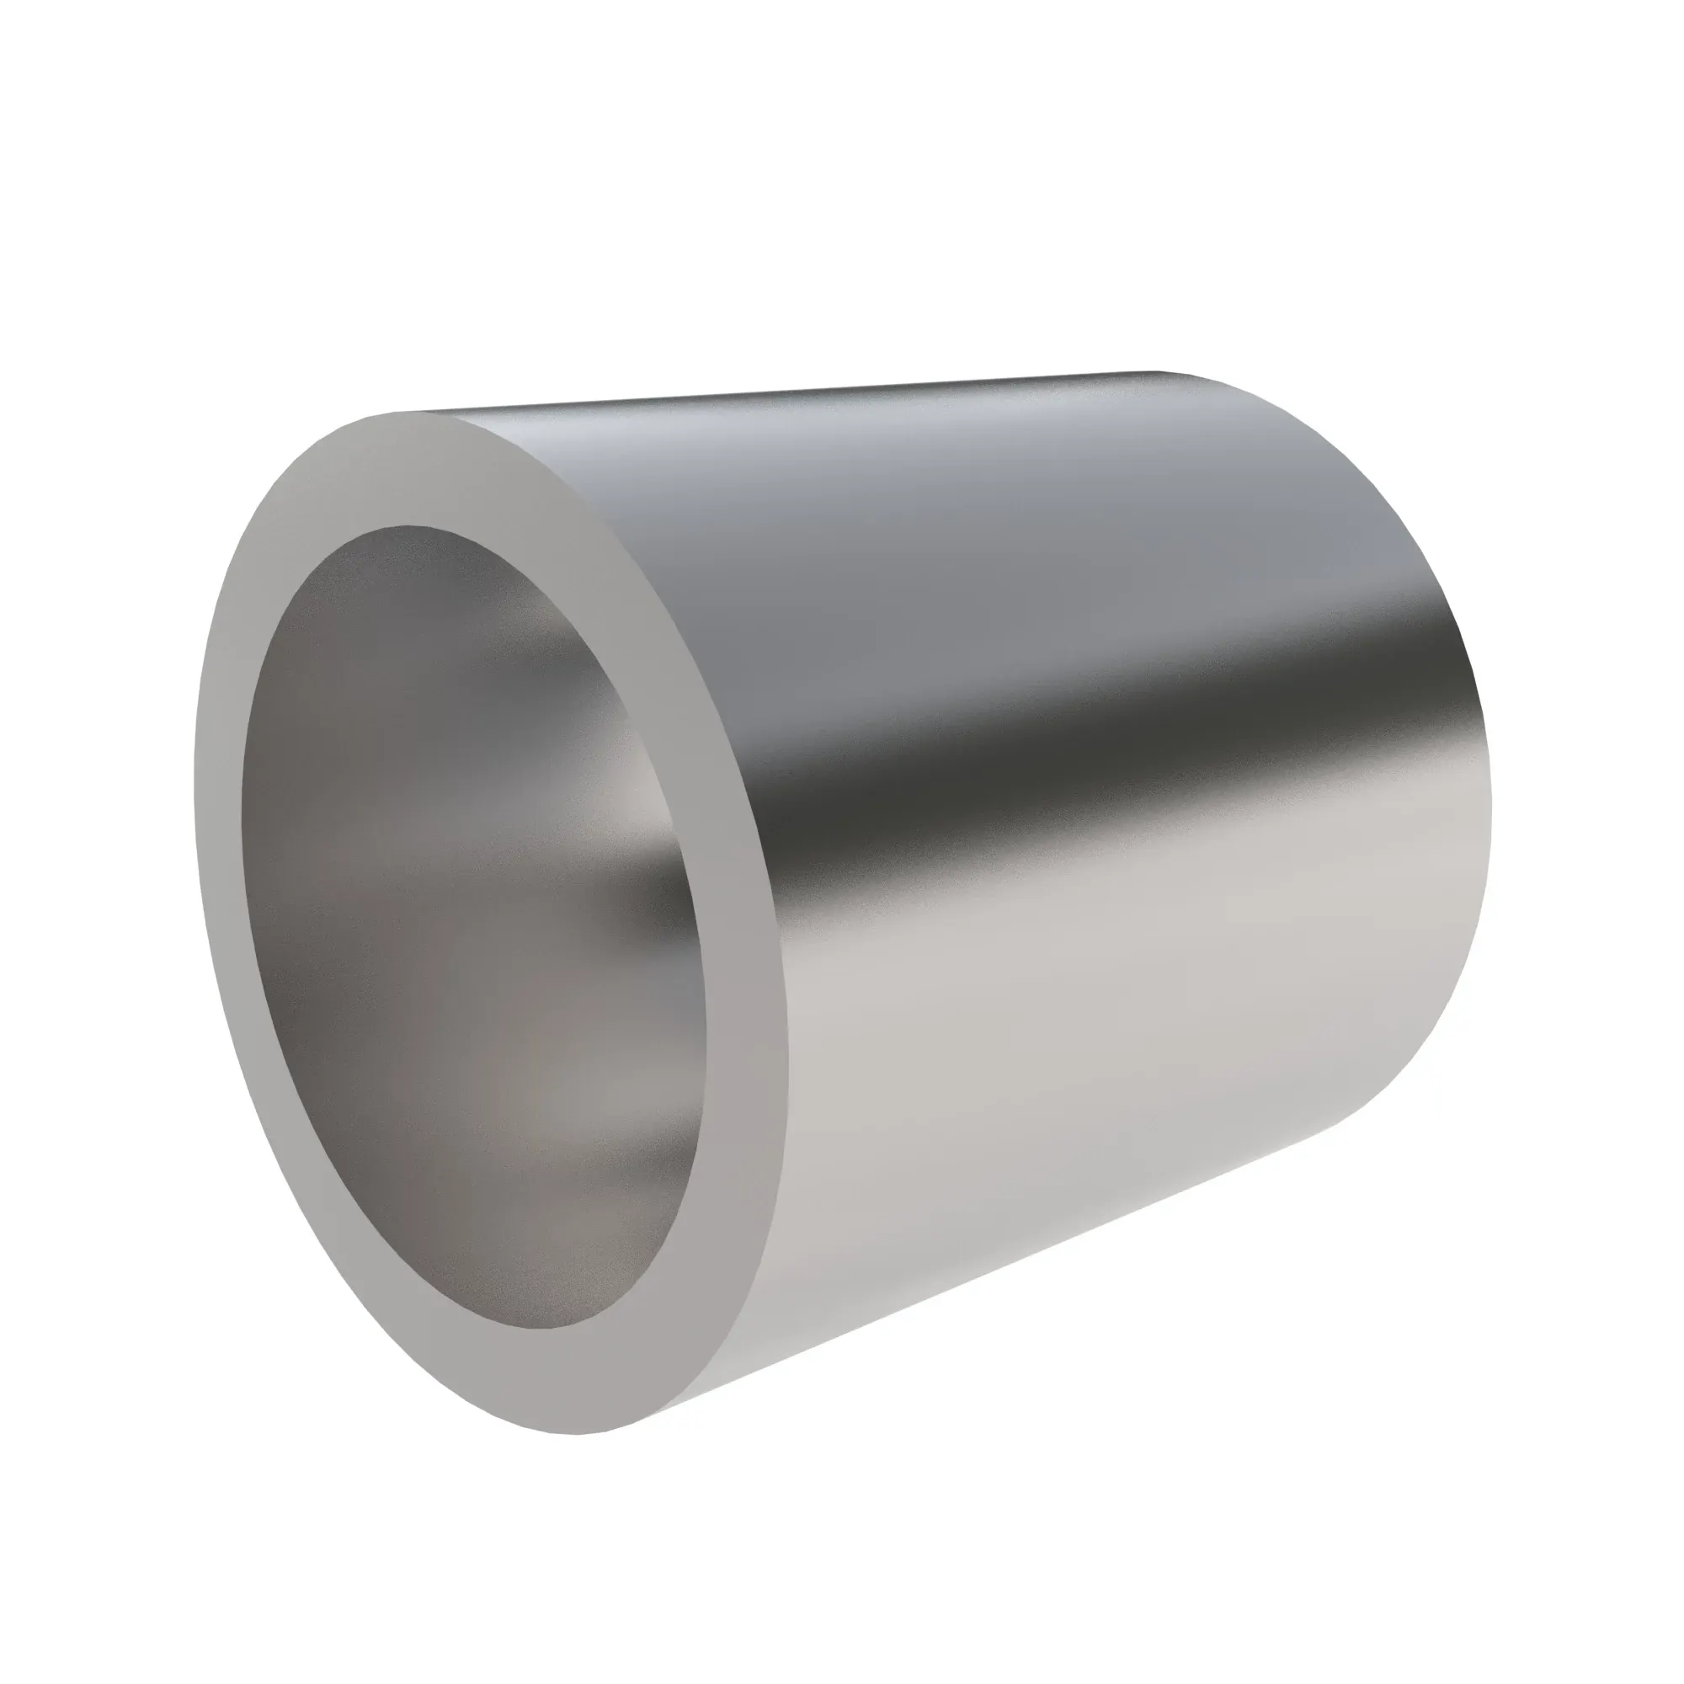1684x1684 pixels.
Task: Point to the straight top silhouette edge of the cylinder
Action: tap(785, 392)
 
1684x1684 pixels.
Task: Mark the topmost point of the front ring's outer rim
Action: tap(392, 413)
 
